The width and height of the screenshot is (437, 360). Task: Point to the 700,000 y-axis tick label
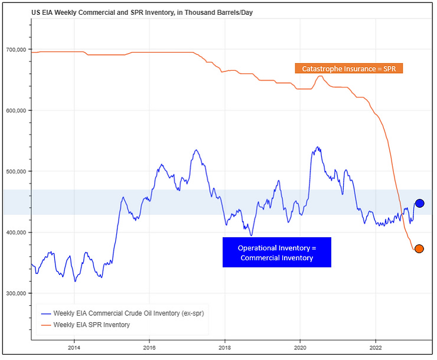(x=16, y=50)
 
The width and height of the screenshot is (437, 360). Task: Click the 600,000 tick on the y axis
(x=16, y=110)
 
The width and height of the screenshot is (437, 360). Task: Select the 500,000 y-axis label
(x=16, y=172)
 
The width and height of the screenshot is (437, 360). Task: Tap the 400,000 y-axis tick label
(x=16, y=233)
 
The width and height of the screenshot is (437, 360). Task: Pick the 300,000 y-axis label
(x=16, y=293)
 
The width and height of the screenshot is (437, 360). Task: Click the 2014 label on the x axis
(x=74, y=348)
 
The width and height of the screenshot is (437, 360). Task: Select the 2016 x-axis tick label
(x=149, y=348)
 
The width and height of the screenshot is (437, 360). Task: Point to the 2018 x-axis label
(x=225, y=348)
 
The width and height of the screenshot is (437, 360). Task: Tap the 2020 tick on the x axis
(x=300, y=348)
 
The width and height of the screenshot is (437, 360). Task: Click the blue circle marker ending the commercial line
(x=419, y=203)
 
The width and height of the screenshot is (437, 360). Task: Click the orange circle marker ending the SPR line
(x=419, y=248)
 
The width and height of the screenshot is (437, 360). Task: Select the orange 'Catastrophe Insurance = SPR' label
(x=348, y=68)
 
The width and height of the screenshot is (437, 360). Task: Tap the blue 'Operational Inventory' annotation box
(x=276, y=253)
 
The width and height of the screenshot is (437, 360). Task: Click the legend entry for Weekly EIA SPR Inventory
(x=91, y=325)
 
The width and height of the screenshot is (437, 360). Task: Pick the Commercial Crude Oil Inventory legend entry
(x=120, y=313)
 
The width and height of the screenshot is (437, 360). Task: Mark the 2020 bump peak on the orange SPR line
(x=319, y=76)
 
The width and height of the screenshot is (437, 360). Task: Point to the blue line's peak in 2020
(x=317, y=147)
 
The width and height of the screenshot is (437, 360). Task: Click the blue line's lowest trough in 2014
(x=75, y=281)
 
